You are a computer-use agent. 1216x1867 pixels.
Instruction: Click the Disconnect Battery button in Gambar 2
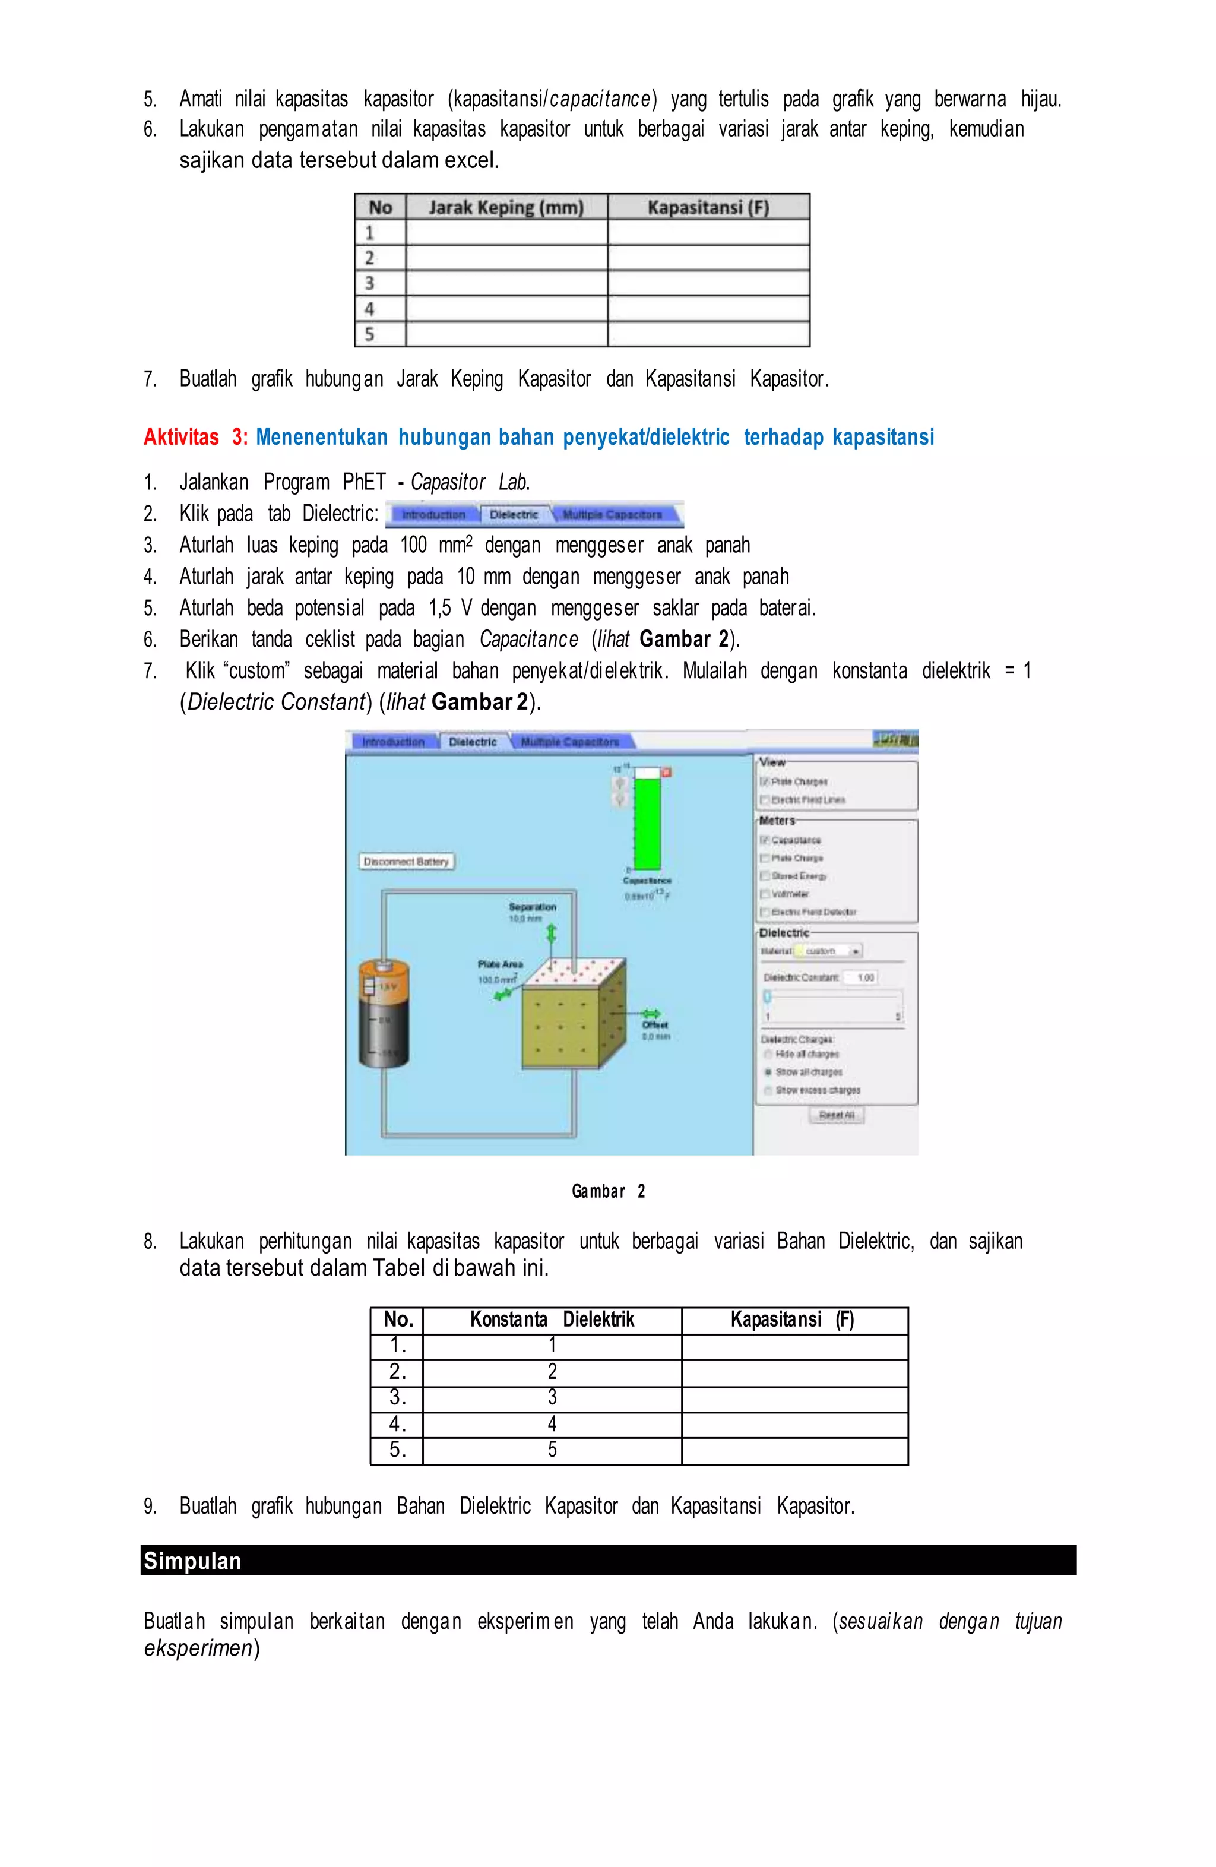[x=406, y=861]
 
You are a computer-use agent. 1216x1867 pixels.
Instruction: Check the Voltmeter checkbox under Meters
[x=765, y=894]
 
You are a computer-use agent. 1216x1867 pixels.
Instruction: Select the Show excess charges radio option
[x=768, y=1090]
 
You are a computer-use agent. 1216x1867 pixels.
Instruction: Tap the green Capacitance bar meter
[x=647, y=819]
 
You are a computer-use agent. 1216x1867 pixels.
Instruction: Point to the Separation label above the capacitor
[x=533, y=907]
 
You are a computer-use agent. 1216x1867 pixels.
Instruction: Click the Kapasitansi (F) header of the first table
[x=708, y=207]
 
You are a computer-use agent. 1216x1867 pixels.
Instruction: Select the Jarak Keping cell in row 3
[x=506, y=283]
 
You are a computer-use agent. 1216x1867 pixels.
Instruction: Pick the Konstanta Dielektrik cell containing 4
[x=552, y=1424]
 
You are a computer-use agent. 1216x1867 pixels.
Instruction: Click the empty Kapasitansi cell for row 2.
[x=794, y=1372]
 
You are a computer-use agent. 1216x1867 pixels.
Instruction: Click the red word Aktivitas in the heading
[x=181, y=437]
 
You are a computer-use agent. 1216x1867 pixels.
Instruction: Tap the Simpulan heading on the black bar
[x=192, y=1561]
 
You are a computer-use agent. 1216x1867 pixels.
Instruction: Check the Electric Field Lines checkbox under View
[x=765, y=800]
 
